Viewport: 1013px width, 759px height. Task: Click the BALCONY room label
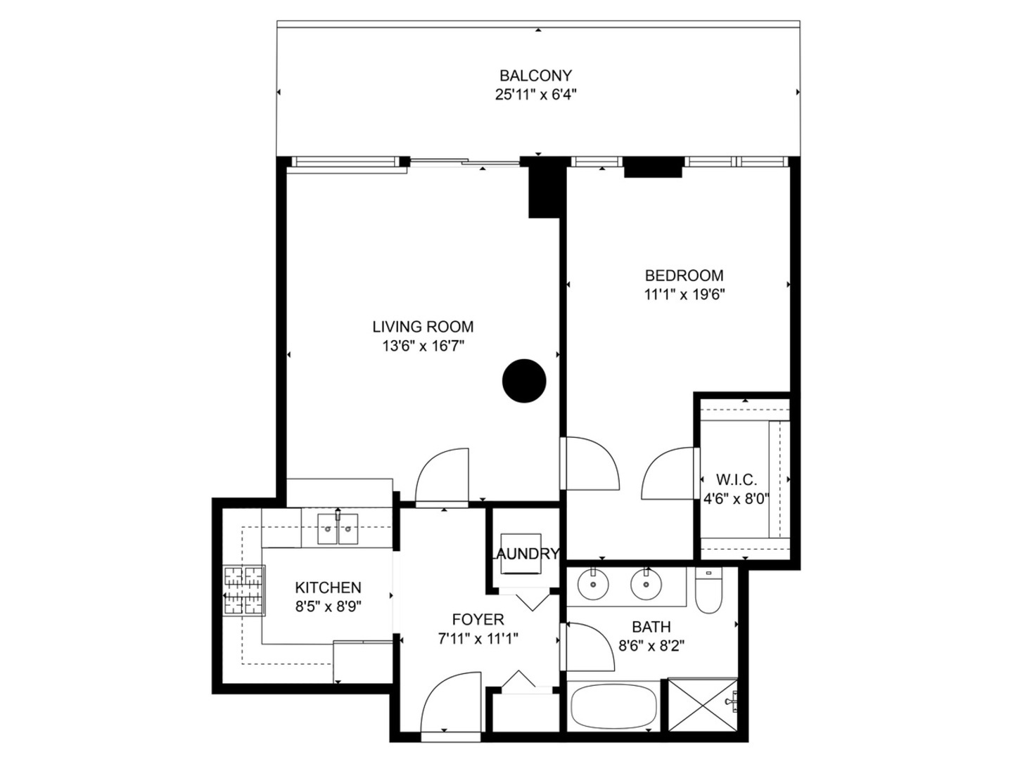click(x=535, y=75)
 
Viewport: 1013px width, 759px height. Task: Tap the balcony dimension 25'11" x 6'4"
click(x=535, y=94)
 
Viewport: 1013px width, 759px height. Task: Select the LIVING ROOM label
click(x=423, y=327)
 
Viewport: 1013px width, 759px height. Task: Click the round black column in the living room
click(x=524, y=381)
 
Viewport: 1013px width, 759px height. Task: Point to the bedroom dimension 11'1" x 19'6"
click(x=684, y=294)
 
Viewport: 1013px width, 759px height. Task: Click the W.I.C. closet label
click(x=737, y=481)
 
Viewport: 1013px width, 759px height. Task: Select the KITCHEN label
click(x=328, y=588)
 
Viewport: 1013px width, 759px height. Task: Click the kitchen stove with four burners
click(x=243, y=591)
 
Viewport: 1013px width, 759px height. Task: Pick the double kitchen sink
click(x=338, y=528)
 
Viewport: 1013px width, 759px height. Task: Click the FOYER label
click(x=478, y=620)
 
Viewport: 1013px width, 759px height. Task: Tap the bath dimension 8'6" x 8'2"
click(x=651, y=645)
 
